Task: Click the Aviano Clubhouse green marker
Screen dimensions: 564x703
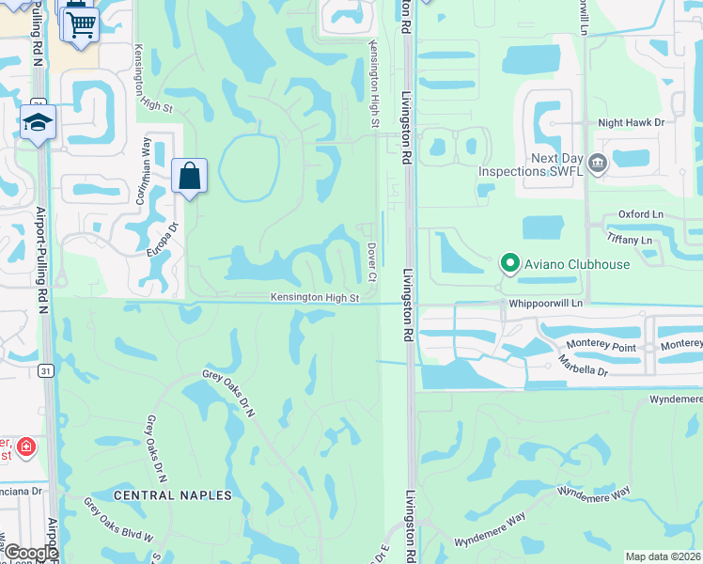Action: (509, 264)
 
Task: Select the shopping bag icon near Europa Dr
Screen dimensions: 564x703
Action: (190, 176)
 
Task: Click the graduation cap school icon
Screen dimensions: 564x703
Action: (39, 123)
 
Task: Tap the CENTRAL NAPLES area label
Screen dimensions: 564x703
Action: (172, 494)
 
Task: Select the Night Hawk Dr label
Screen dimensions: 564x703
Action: (632, 122)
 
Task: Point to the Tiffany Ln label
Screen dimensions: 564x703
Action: (630, 241)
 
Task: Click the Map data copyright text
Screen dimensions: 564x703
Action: (664, 556)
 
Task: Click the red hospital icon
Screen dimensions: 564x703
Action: (24, 446)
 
